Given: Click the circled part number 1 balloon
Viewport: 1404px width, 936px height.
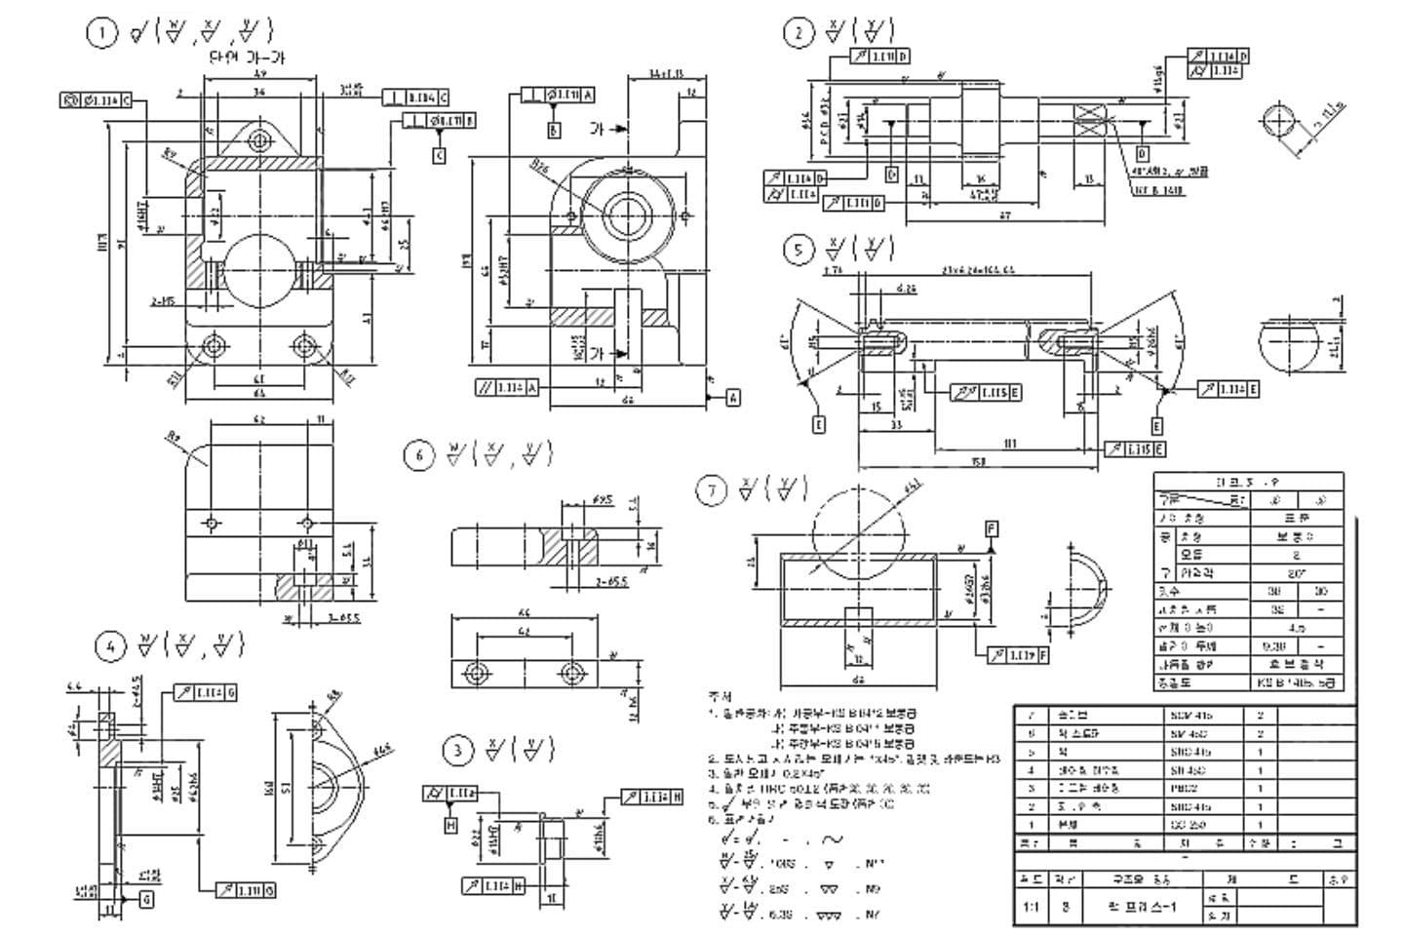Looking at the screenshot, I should [x=100, y=33].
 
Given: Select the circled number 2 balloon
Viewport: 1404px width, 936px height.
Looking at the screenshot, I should [x=798, y=33].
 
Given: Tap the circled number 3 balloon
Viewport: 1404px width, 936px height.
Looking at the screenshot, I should [x=456, y=750].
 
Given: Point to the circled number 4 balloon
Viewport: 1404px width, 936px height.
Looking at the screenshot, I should [x=110, y=645].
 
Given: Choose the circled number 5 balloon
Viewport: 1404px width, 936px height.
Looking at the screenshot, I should [x=798, y=251].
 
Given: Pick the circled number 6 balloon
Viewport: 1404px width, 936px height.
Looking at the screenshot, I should [x=418, y=455].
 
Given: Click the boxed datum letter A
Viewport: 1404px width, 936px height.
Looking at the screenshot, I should [x=733, y=397].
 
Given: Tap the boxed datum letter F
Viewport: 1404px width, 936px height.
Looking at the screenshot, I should [x=992, y=529].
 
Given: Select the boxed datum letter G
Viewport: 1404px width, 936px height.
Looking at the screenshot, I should [x=146, y=900].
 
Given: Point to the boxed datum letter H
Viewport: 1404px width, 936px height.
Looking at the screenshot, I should [x=450, y=826].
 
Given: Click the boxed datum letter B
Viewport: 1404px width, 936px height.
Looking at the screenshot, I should [x=554, y=130].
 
